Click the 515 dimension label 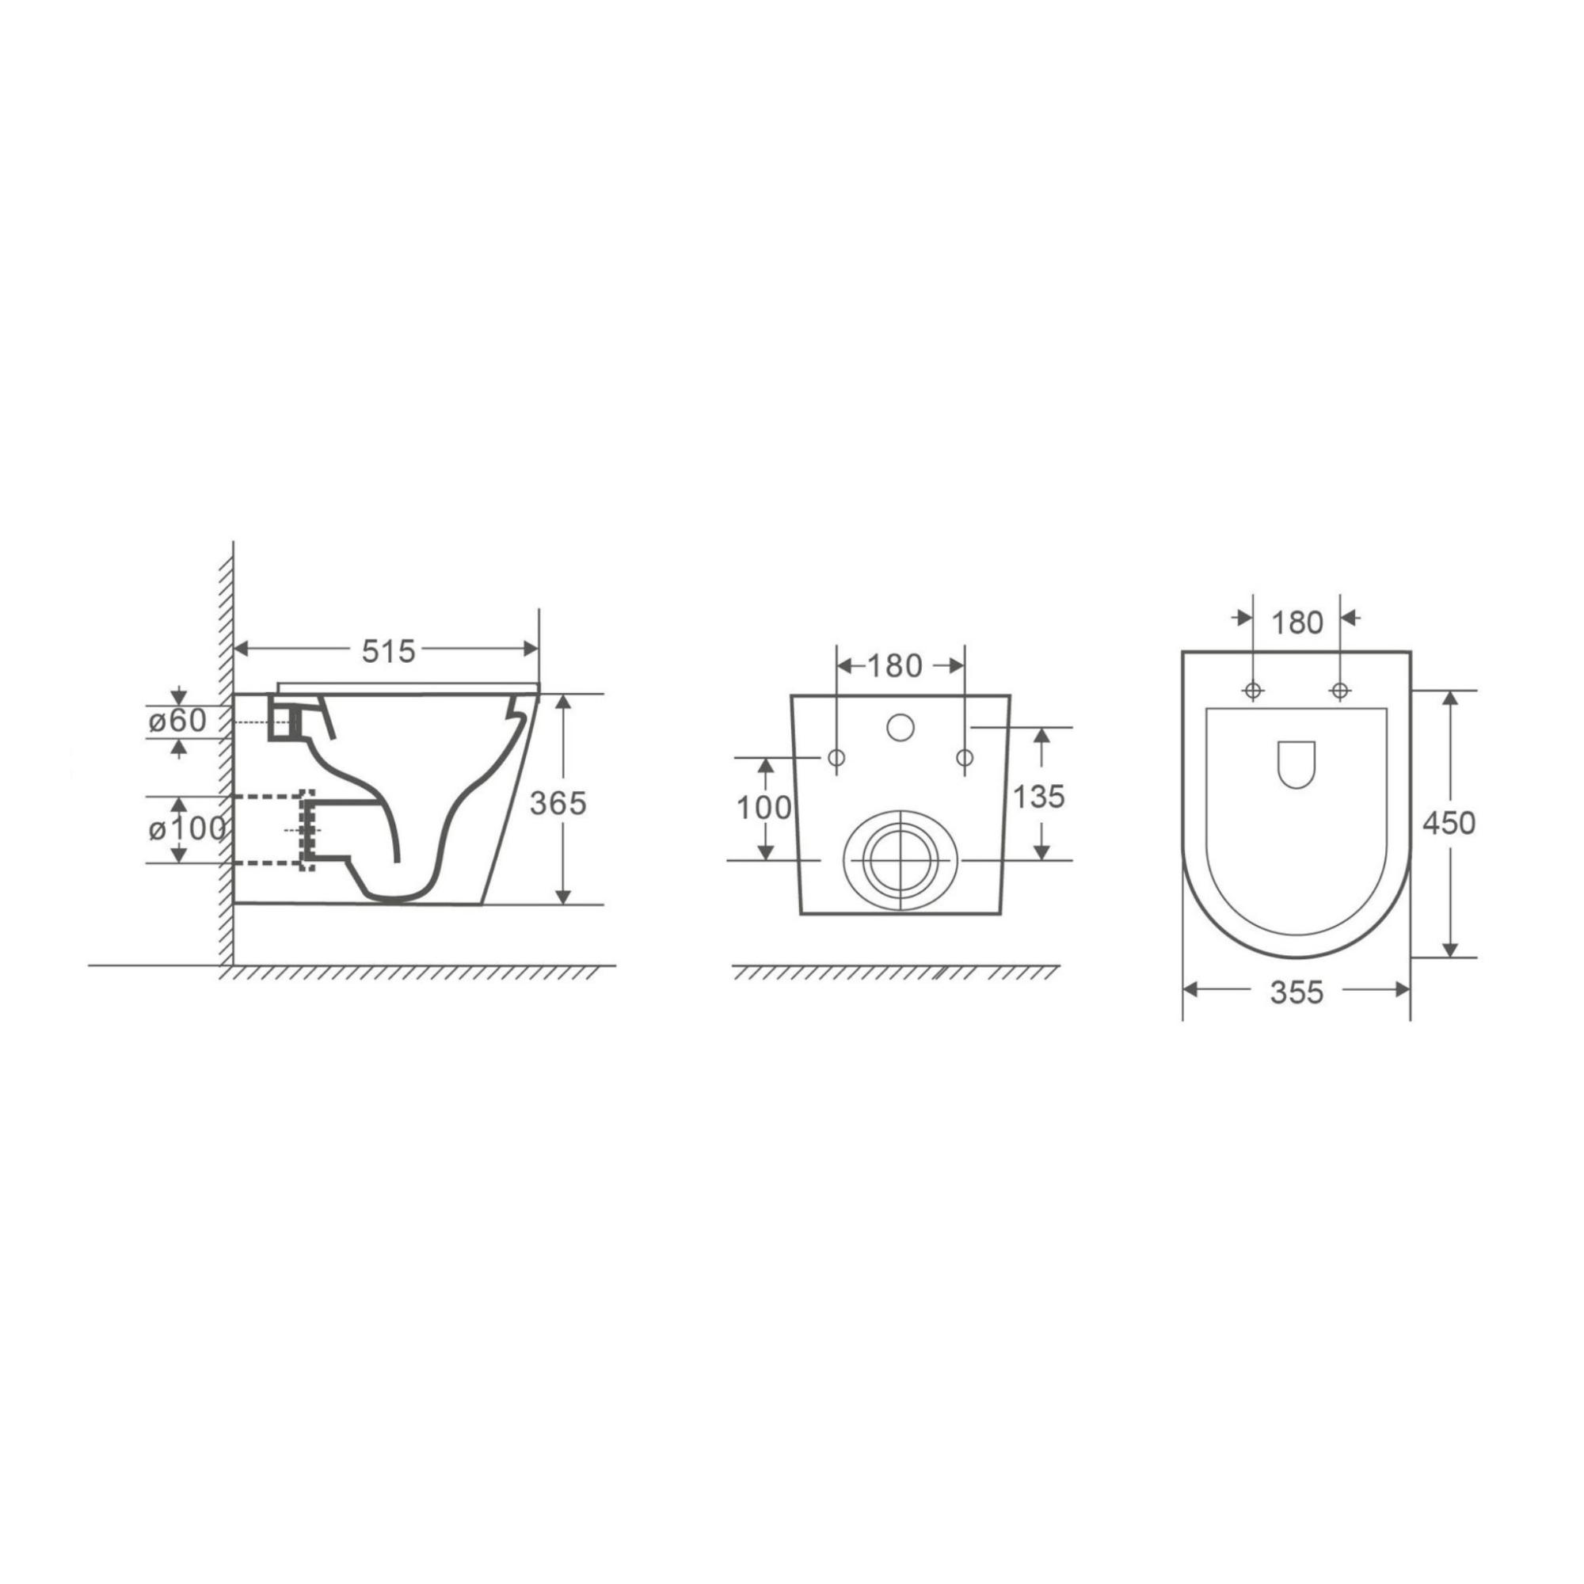pos(390,651)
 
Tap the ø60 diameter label pos(177,721)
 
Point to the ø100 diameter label pos(187,830)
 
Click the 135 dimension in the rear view pos(1039,796)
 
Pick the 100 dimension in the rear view pos(764,809)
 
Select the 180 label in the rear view pos(895,666)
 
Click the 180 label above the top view pos(1298,623)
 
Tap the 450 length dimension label pos(1449,823)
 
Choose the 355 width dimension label pos(1297,993)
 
